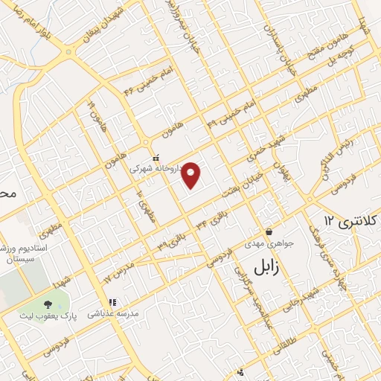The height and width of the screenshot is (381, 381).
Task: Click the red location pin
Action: (192, 174)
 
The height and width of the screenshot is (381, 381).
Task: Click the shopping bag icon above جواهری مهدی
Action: (269, 231)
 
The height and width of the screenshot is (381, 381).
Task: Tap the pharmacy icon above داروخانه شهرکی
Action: (155, 158)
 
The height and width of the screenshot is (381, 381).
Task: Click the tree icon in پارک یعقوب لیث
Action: (48, 304)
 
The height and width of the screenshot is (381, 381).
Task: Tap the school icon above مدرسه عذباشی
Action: (112, 302)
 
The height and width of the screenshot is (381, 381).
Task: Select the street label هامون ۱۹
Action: (93, 111)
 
